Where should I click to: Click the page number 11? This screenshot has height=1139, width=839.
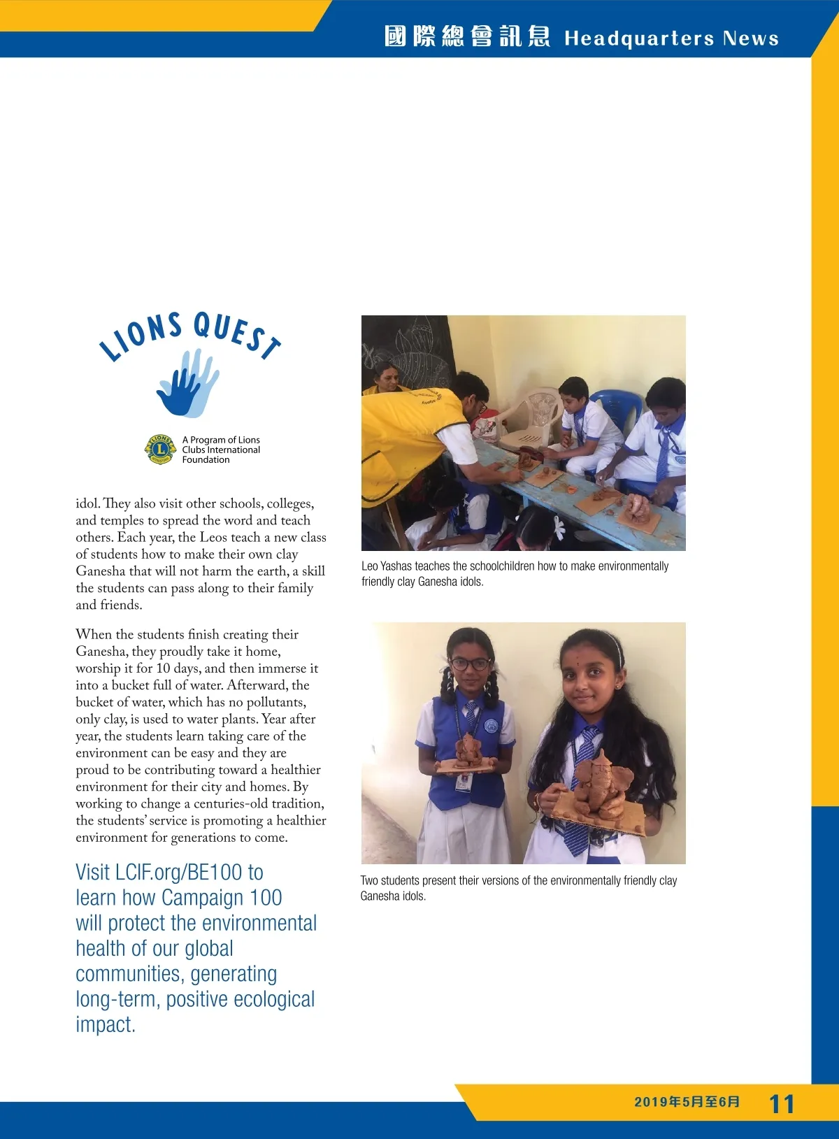[x=782, y=1104]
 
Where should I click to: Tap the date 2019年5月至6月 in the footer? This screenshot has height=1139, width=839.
[x=687, y=1102]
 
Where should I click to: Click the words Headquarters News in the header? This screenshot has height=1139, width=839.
[x=671, y=38]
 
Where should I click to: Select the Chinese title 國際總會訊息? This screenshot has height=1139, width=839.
[x=467, y=36]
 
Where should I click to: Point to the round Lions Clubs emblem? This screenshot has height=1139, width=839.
[x=160, y=449]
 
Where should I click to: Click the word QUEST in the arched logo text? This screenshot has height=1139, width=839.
[x=238, y=334]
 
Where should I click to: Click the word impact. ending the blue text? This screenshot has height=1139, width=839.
[x=106, y=1025]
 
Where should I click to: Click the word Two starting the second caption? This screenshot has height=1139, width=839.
[x=371, y=881]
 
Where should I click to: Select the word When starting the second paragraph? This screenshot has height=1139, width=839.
[x=94, y=635]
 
